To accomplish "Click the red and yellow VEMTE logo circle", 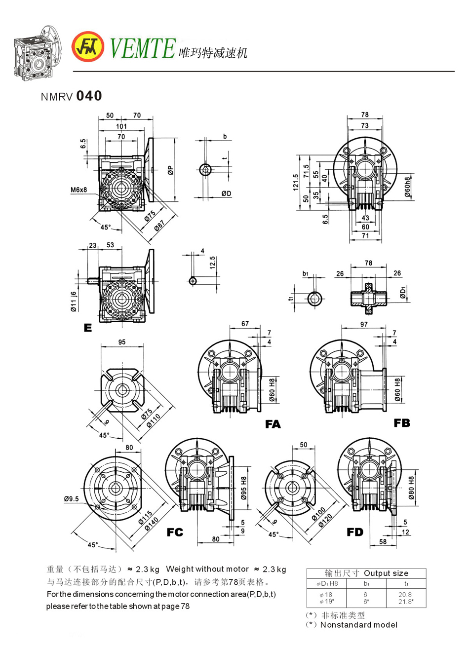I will pos(88,47).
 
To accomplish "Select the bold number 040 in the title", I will pos(89,96).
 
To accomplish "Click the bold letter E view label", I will pos(88,328).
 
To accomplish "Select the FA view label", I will pos(273,424).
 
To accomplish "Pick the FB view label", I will pos(402,423).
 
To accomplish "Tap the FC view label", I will pos(175,532).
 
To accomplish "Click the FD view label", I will pos(355,532).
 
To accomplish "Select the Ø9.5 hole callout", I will pos(71,499).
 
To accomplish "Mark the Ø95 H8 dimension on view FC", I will pos(244,489).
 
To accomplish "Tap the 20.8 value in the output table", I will pos(405,595).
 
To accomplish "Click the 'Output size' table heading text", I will pos(386,573).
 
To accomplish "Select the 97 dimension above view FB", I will pos(364,324).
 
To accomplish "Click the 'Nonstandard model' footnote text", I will pos(358,625).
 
